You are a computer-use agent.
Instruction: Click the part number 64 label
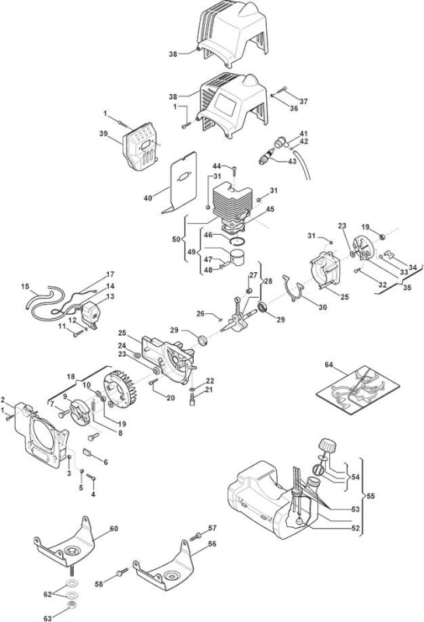pos(329,364)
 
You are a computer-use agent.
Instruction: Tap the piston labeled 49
pos(238,258)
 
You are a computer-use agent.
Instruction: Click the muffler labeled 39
pos(141,145)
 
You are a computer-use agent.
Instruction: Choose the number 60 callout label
pos(114,529)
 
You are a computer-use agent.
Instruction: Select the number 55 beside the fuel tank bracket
pos(371,496)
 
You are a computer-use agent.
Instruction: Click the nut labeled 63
pos(72,604)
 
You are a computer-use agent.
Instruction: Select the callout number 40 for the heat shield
pos(148,197)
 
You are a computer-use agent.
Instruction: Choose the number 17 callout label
pos(110,274)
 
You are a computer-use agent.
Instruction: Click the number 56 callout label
pos(212,543)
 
